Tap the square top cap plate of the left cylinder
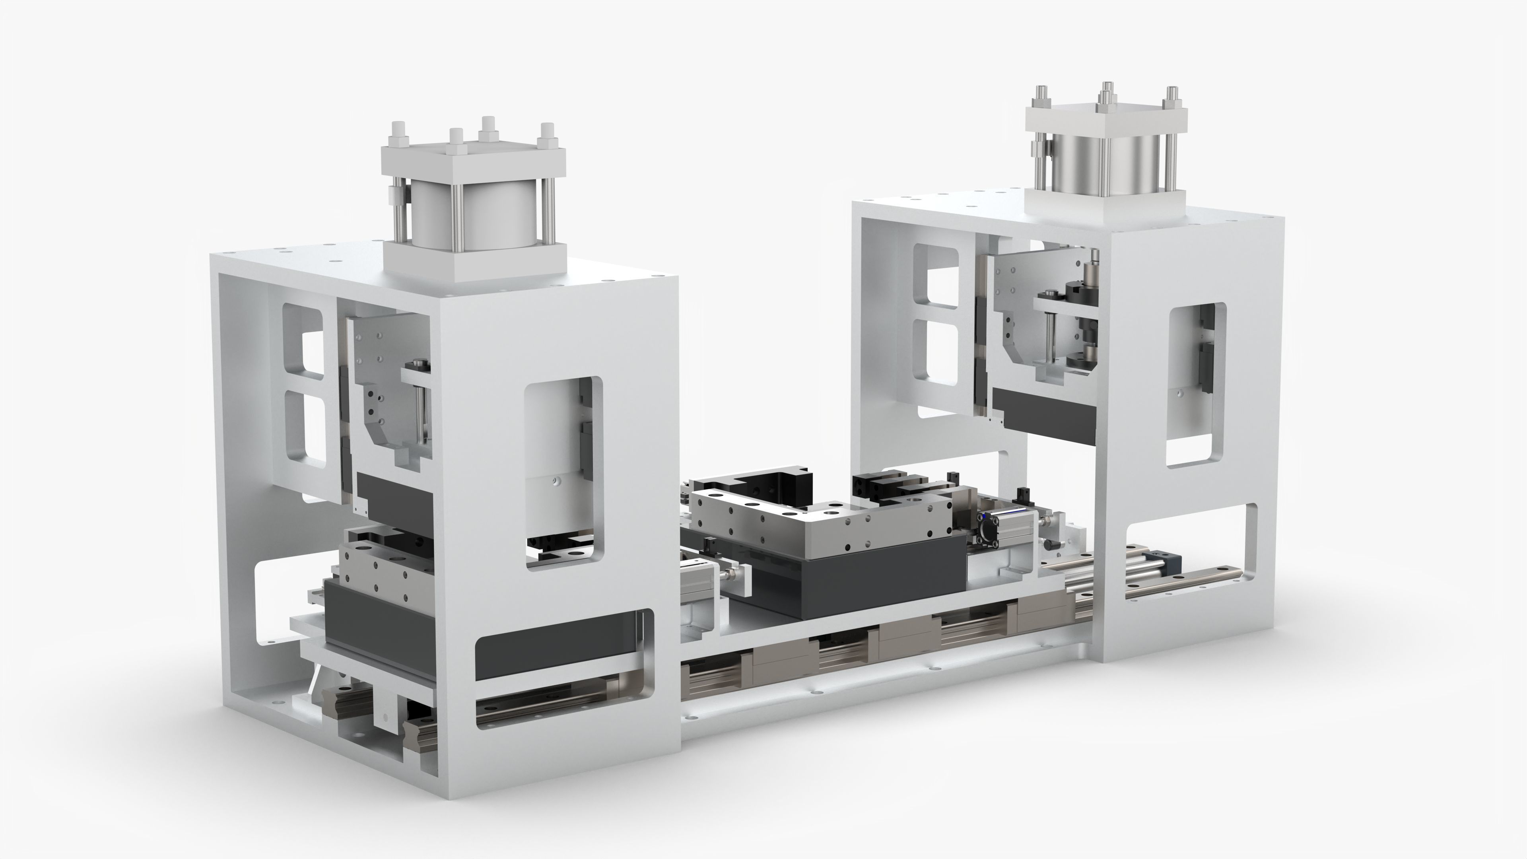point(474,161)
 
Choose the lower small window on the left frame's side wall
point(306,430)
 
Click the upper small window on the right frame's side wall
point(936,279)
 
